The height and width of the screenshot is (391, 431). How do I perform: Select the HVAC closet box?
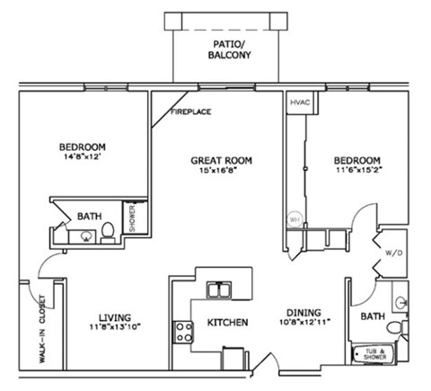[x=299, y=102]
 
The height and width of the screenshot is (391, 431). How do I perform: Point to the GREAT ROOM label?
[x=221, y=161]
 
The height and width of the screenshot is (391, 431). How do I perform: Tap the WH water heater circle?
[x=294, y=218]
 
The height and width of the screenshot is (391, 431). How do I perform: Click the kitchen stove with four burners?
[x=183, y=332]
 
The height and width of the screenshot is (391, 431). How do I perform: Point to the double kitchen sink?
[x=216, y=289]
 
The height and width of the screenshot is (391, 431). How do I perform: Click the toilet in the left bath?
[x=107, y=233]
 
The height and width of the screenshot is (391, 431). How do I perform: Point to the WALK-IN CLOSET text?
[x=42, y=327]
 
